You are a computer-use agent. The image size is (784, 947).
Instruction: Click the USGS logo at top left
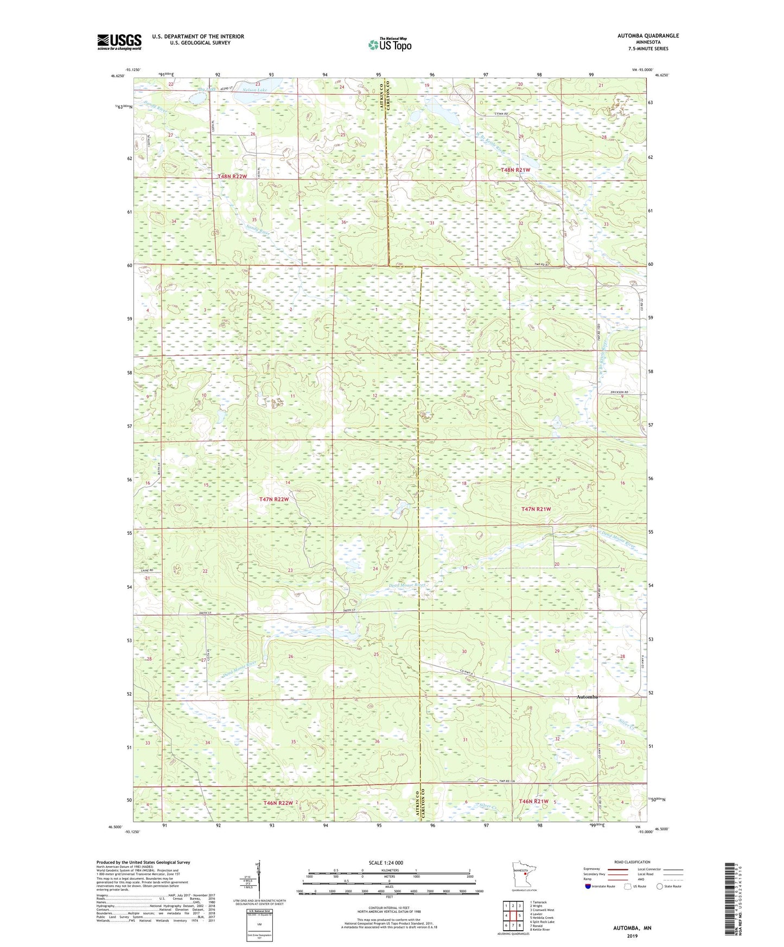pyautogui.click(x=119, y=42)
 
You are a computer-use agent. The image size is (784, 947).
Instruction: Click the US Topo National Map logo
pyautogui.click(x=389, y=44)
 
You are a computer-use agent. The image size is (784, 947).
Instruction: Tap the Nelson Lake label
pyautogui.click(x=255, y=89)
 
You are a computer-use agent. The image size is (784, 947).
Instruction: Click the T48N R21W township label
pyautogui.click(x=515, y=170)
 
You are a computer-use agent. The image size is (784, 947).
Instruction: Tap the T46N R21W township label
pyautogui.click(x=534, y=801)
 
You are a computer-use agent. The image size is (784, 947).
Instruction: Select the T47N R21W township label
pyautogui.click(x=536, y=509)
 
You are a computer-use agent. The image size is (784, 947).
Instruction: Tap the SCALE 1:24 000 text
pyautogui.click(x=386, y=862)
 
